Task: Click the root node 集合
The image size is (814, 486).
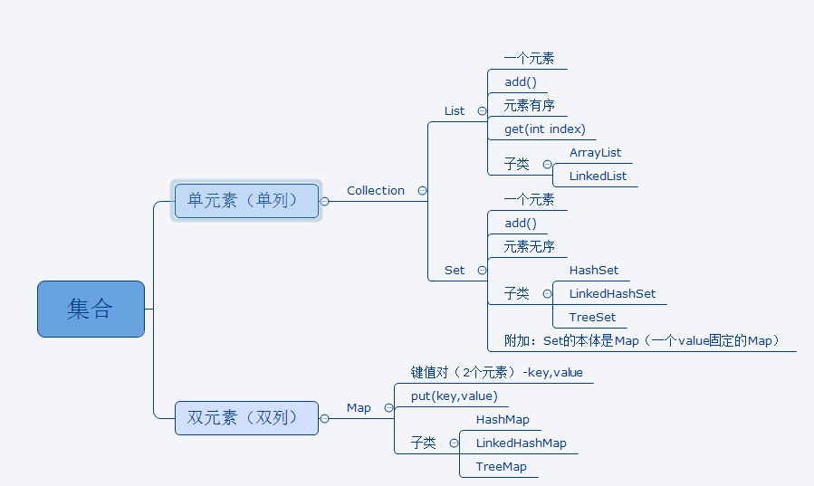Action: coord(91,309)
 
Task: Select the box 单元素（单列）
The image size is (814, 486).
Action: coord(245,200)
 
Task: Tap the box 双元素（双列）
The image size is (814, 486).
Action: coord(245,417)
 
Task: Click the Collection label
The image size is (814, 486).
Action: coord(376,190)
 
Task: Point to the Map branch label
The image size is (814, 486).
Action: coord(359,407)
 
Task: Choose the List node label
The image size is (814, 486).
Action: coord(455,110)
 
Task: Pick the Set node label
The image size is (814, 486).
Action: coord(455,270)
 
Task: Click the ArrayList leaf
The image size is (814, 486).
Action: coord(595,152)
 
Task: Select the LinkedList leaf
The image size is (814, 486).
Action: coord(598,176)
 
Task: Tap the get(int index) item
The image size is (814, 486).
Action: coord(545,129)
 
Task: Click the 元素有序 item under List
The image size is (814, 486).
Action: coord(530,105)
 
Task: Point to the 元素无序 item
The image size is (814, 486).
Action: coord(530,246)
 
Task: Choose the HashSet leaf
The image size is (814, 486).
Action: coord(594,270)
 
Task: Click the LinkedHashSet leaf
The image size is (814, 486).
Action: coord(612,293)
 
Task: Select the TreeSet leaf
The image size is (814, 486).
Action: coord(592,317)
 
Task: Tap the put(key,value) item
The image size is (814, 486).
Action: coord(454,395)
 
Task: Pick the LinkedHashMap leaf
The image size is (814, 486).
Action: coord(521,443)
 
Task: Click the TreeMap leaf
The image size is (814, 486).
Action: coord(501,466)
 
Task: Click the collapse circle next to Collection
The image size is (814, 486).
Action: coord(422,190)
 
